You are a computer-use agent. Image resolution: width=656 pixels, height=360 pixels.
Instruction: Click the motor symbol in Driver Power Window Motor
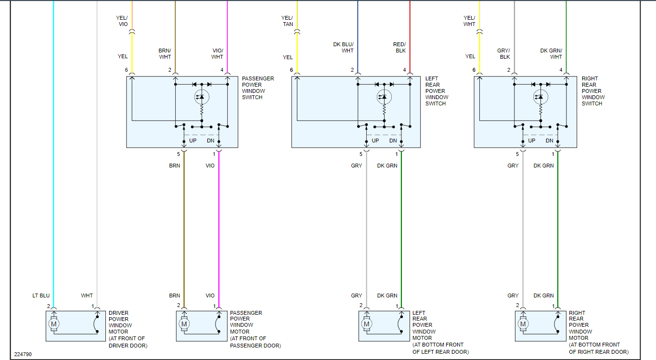coord(53,324)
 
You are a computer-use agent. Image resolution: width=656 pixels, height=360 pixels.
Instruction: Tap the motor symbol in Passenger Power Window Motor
coord(184,324)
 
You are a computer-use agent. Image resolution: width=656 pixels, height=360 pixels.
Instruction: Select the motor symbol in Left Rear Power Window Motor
coord(367,324)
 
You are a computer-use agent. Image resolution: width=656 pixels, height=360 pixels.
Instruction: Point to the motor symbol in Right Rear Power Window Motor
coord(523,324)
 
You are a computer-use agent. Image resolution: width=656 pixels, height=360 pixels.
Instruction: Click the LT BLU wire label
coord(41,296)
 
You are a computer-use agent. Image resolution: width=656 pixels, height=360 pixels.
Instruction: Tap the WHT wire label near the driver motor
coord(87,296)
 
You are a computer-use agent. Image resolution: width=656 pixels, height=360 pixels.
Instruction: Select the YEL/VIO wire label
coord(122,21)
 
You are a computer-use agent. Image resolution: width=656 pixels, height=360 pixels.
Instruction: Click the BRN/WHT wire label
coord(165,53)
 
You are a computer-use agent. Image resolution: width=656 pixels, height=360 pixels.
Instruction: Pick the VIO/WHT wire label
coord(218,53)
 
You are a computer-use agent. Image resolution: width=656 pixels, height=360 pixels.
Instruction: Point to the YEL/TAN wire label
coord(287,21)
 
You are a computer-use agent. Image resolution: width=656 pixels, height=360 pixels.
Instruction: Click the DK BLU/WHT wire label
coord(343,47)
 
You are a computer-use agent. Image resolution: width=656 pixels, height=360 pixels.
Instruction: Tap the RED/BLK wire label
coord(399,47)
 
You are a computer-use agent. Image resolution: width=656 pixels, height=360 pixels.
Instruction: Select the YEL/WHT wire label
coord(469,21)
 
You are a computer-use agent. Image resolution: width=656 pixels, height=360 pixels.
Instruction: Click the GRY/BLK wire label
coord(503,53)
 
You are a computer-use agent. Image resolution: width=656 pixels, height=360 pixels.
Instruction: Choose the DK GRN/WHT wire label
coord(551,53)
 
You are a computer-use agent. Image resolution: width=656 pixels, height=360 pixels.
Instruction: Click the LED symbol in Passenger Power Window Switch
coord(202,97)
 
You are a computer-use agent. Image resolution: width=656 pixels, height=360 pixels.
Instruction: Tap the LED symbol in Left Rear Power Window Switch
coord(384,97)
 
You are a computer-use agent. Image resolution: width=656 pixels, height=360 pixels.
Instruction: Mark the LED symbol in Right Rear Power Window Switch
coord(540,97)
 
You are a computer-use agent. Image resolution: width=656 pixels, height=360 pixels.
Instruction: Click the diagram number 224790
coord(23,354)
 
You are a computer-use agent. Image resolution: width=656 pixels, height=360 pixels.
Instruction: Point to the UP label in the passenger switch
coord(193,141)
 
